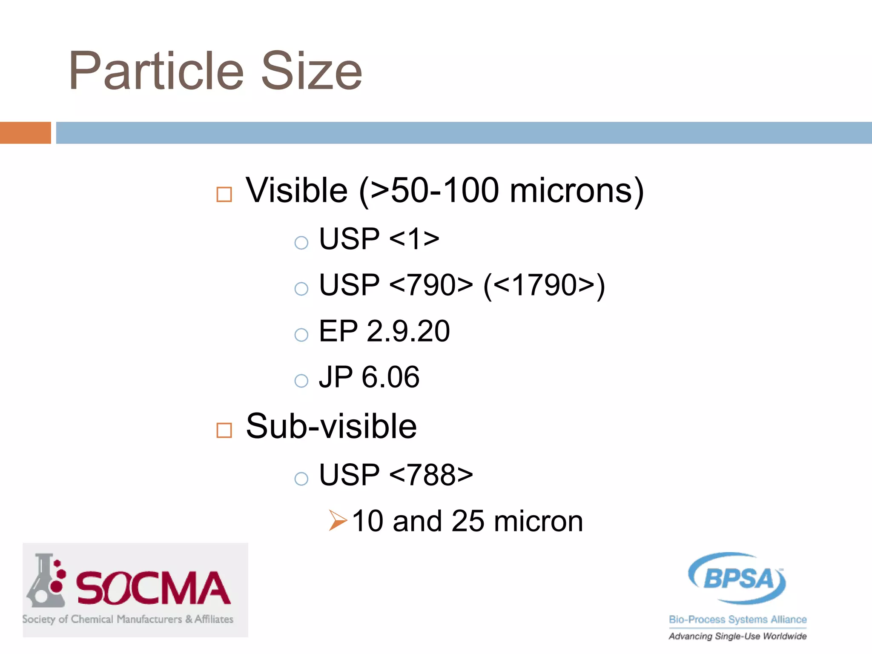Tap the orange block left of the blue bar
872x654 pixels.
point(25,132)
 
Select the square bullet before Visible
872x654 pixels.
point(224,194)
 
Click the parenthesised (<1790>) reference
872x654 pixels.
point(544,285)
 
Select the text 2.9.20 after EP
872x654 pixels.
point(408,331)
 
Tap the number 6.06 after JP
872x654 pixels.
point(390,377)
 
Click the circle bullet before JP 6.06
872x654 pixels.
point(301,380)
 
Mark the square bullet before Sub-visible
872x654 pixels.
point(224,430)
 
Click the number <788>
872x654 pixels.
point(430,475)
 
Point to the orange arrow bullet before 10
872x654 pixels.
point(338,520)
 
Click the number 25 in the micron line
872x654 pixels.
point(468,521)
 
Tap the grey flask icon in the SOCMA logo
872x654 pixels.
point(44,581)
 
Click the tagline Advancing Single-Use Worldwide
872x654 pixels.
point(737,636)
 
